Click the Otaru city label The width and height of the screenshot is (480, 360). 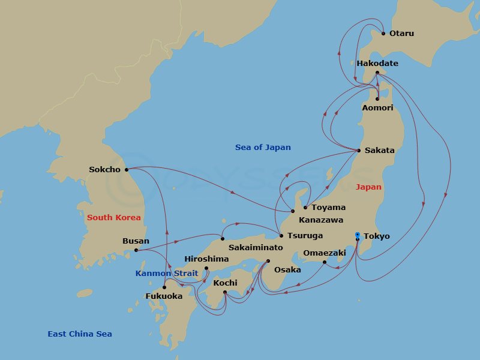pos(401,34)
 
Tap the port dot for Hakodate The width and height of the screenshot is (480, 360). pos(377,73)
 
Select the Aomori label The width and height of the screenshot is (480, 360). pos(378,108)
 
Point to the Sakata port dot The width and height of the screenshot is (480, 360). pos(359,150)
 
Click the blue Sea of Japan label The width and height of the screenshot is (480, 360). pos(263,148)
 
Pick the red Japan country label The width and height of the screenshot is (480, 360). pos(368,187)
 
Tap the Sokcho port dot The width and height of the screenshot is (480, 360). pos(126,170)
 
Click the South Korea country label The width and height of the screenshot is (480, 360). pos(114,218)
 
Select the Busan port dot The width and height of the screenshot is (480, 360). pos(136,250)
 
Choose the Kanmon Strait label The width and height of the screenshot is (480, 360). pos(167,274)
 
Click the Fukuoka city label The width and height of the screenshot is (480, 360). pos(164,296)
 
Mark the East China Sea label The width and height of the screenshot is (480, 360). pos(80,334)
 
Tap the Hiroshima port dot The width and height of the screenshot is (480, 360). pos(206,268)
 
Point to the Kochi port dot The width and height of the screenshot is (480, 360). pos(224,292)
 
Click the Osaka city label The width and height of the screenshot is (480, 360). pos(287,270)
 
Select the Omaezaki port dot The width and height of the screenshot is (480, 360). pos(324,262)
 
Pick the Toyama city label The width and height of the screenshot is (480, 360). pos(328,208)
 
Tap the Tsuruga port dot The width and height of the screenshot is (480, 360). pos(281,236)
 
